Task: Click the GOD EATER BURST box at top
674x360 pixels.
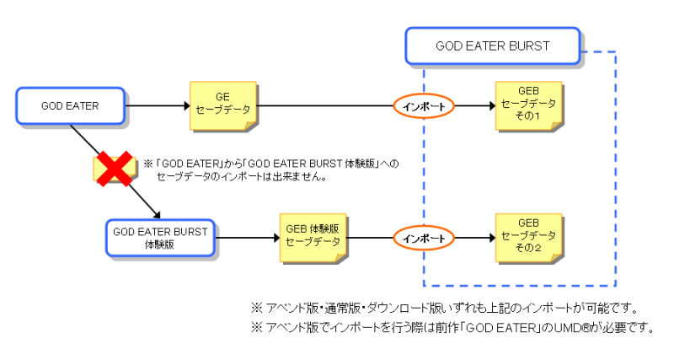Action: coord(493,46)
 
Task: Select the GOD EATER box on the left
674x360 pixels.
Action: coord(71,105)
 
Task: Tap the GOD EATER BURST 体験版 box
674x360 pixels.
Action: coord(160,238)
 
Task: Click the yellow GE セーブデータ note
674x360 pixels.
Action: coord(223,105)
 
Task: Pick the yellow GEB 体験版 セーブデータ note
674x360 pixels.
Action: coord(313,238)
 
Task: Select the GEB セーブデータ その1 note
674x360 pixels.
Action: coord(529,105)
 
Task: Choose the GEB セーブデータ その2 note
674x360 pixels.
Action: coord(529,238)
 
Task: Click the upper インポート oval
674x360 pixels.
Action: coord(424,106)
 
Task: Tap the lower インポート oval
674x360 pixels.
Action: coord(424,239)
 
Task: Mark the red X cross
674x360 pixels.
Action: coord(114,169)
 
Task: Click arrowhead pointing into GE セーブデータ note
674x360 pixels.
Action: coord(187,105)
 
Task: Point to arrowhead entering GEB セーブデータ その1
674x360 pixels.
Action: coord(493,105)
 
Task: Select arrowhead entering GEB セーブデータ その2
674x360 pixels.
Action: coord(493,238)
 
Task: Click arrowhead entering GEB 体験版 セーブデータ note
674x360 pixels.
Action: coord(277,238)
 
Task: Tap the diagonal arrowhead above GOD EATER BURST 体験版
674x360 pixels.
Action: coord(157,215)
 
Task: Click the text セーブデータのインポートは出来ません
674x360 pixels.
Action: coord(241,177)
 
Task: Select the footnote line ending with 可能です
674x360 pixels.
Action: coord(445,308)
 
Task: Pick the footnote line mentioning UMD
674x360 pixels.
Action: coord(452,328)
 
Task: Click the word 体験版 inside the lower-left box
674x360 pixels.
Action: coord(159,244)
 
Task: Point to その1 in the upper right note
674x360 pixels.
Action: coord(528,116)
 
